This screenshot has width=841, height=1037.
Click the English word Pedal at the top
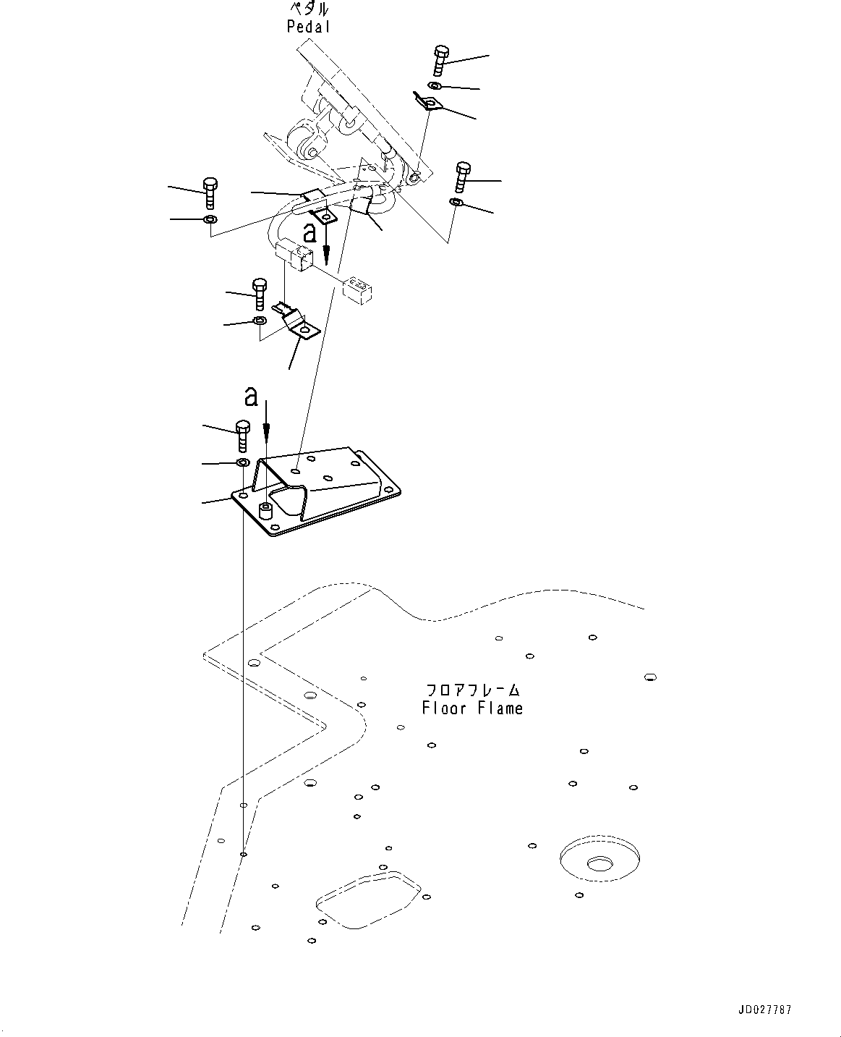tap(308, 27)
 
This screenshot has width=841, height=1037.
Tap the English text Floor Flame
tap(472, 708)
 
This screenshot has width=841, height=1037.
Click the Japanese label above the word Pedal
tap(309, 9)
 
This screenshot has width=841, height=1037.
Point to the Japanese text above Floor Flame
tap(472, 690)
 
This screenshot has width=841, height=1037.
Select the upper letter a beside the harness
tap(310, 232)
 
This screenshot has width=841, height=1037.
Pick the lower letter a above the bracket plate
tap(250, 396)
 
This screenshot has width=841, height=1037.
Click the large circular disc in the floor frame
tap(599, 861)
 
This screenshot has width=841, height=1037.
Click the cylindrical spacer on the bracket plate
tap(266, 512)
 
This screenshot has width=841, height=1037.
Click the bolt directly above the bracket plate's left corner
tap(243, 436)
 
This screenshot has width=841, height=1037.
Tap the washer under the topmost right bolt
tap(432, 87)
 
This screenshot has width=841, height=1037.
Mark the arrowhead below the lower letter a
tap(266, 433)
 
